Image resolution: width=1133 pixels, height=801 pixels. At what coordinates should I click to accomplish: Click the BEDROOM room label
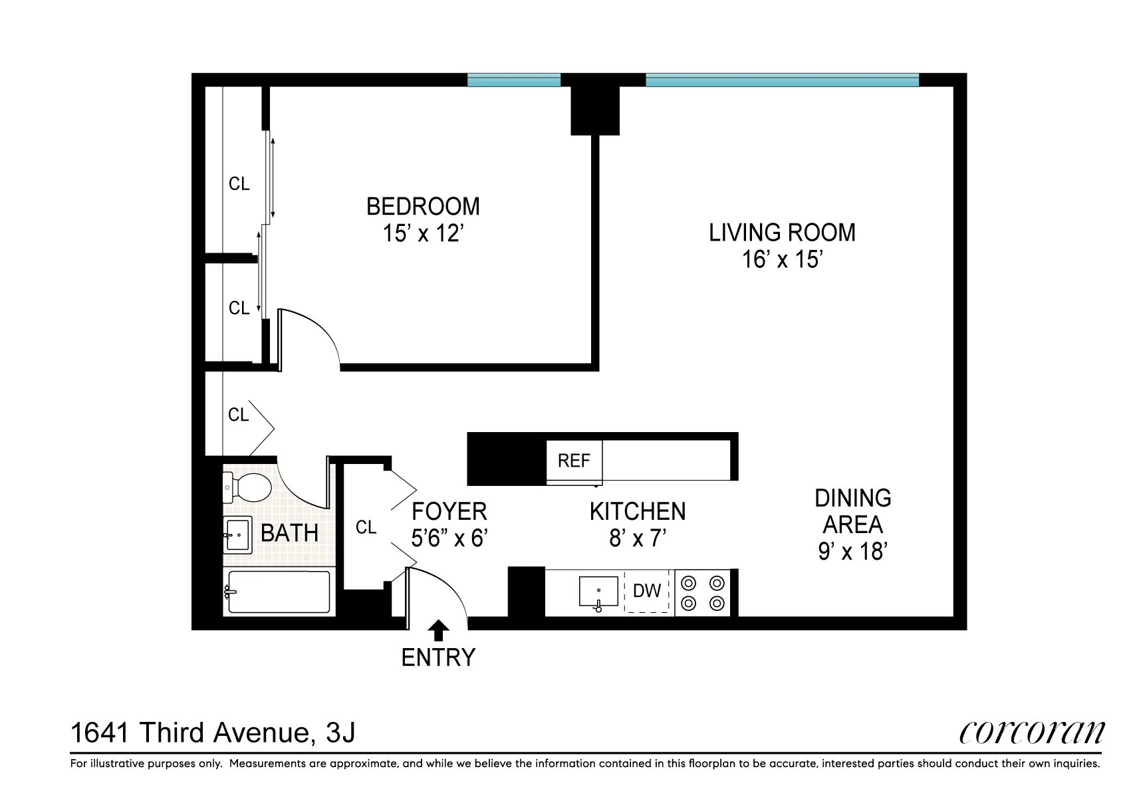coord(423,207)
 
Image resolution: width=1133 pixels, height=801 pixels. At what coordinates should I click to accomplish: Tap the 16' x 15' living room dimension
coord(783,259)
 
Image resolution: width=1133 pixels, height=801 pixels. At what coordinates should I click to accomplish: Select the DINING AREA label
coord(852,511)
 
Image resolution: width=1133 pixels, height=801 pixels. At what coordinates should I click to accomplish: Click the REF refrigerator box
coord(574,461)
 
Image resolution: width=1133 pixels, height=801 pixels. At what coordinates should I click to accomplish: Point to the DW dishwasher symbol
coord(647,590)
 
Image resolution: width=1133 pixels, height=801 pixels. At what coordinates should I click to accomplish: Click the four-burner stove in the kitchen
coord(703,593)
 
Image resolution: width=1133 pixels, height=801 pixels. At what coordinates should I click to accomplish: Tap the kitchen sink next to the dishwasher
coord(598,591)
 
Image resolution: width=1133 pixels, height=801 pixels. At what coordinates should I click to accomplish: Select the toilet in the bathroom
coord(247,487)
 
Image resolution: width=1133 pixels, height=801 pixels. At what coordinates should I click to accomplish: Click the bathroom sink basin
coord(237,534)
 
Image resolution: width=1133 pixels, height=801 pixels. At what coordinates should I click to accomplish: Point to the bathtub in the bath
coord(279,592)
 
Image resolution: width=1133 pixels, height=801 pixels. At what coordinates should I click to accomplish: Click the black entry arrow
coord(438,629)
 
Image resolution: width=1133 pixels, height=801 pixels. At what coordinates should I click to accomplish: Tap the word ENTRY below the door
coord(438,657)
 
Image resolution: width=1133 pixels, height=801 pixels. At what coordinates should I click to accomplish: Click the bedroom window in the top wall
coord(513,80)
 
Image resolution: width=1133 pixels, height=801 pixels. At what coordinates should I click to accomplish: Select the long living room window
coord(782,80)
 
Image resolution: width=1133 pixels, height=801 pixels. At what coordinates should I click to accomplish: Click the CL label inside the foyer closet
coord(366,527)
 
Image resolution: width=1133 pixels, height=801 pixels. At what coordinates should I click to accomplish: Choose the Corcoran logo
coord(1031,732)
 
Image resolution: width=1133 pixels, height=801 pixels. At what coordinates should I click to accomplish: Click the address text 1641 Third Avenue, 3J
coord(213,733)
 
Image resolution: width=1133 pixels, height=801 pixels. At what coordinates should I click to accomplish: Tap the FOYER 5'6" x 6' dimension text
coord(450,538)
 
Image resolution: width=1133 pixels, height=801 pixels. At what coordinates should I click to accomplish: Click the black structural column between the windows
coord(595,110)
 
